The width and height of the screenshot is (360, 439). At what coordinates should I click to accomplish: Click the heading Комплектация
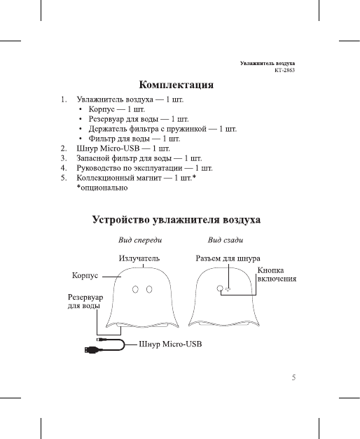click(176, 86)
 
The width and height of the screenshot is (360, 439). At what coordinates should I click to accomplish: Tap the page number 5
click(294, 377)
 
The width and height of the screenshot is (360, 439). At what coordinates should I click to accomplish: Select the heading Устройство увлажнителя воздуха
click(177, 221)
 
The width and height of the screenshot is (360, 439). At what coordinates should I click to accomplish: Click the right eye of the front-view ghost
click(150, 288)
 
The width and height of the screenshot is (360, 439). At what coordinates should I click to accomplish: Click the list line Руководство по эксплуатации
click(145, 169)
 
